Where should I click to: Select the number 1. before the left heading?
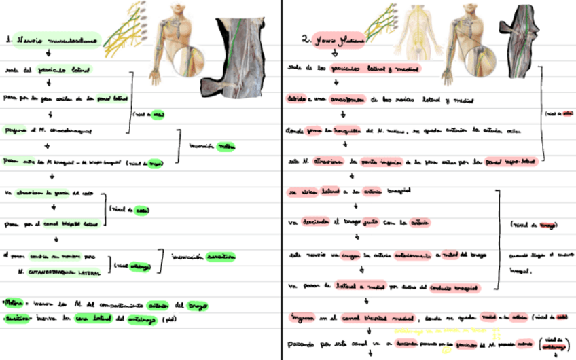click(x=8, y=40)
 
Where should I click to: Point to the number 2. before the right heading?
click(x=306, y=40)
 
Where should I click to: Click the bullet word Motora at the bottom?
click(x=13, y=303)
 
